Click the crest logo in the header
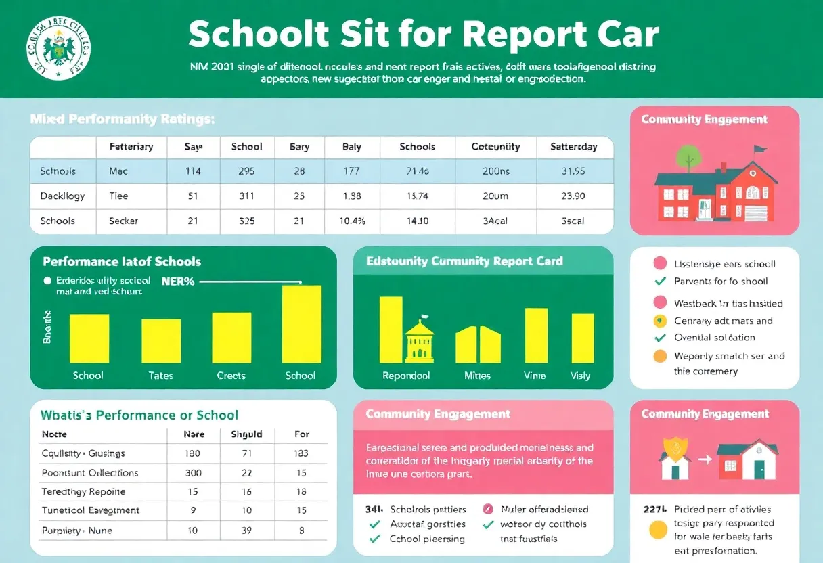(x=58, y=49)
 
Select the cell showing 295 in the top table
(x=246, y=171)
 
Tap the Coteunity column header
(x=495, y=146)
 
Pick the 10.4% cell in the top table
(x=351, y=221)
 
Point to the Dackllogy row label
(x=62, y=196)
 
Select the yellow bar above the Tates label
(x=161, y=341)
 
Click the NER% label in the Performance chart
(x=178, y=281)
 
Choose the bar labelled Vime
(x=536, y=336)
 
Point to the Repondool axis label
(x=406, y=376)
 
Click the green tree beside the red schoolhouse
(x=688, y=155)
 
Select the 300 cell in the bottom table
(x=193, y=472)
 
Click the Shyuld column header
(x=246, y=434)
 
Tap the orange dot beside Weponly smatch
(x=660, y=356)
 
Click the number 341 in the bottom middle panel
(x=374, y=509)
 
